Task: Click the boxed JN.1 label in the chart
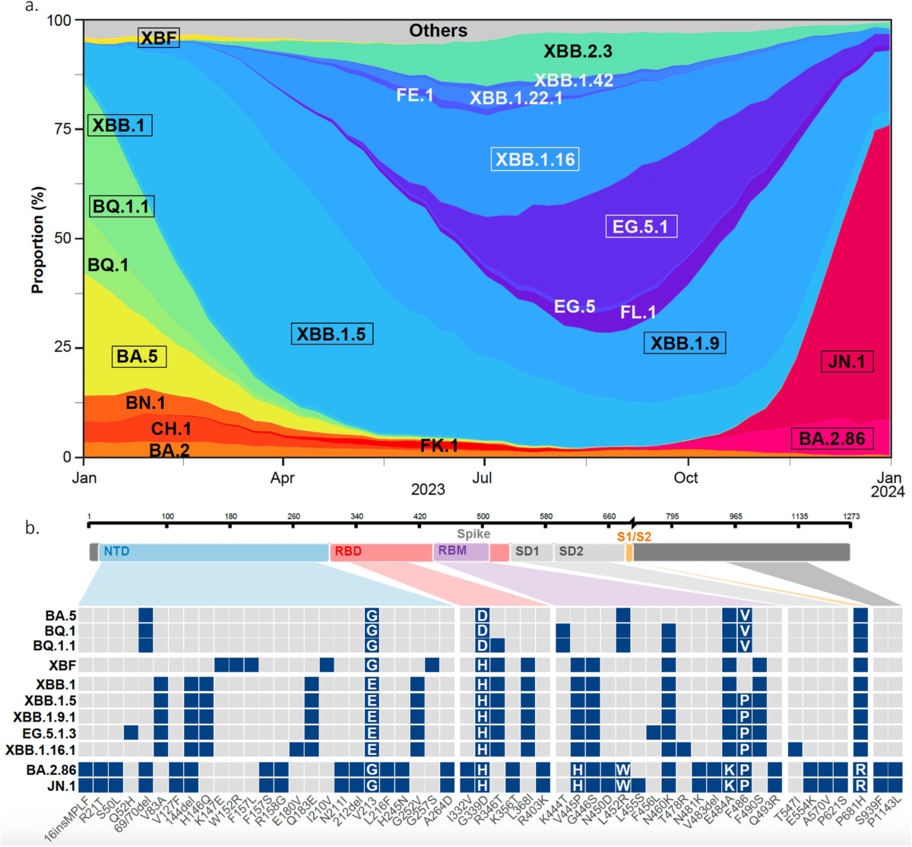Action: click(847, 362)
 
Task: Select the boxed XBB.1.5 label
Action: click(331, 334)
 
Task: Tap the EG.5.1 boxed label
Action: click(641, 227)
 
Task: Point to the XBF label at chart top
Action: click(158, 38)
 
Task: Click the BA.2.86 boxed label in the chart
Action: click(831, 439)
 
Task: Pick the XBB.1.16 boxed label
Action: click(535, 160)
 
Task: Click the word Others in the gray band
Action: click(438, 31)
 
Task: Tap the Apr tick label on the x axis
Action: click(283, 478)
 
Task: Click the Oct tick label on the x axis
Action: click(686, 477)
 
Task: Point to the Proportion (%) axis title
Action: click(37, 240)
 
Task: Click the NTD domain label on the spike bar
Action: click(116, 551)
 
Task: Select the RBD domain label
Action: click(348, 551)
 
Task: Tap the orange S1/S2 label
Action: click(633, 536)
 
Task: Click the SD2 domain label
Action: click(571, 551)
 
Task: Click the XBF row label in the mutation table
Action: click(62, 665)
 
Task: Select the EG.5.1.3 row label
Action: click(50, 733)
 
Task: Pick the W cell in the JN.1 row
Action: click(623, 785)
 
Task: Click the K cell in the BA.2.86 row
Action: click(729, 769)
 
